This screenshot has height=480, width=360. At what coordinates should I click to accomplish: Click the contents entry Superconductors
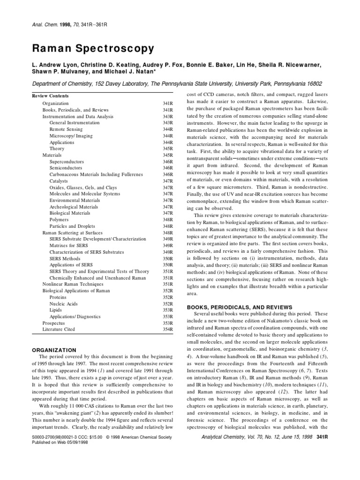point(69,161)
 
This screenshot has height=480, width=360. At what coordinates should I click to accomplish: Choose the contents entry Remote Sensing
point(66,129)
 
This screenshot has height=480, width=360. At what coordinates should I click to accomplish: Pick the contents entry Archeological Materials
point(74,207)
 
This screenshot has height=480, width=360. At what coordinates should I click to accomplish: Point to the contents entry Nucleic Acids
point(63,304)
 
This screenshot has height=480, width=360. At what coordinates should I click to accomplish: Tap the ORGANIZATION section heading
point(54,350)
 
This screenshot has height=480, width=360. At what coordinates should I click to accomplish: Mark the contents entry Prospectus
point(54,323)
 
